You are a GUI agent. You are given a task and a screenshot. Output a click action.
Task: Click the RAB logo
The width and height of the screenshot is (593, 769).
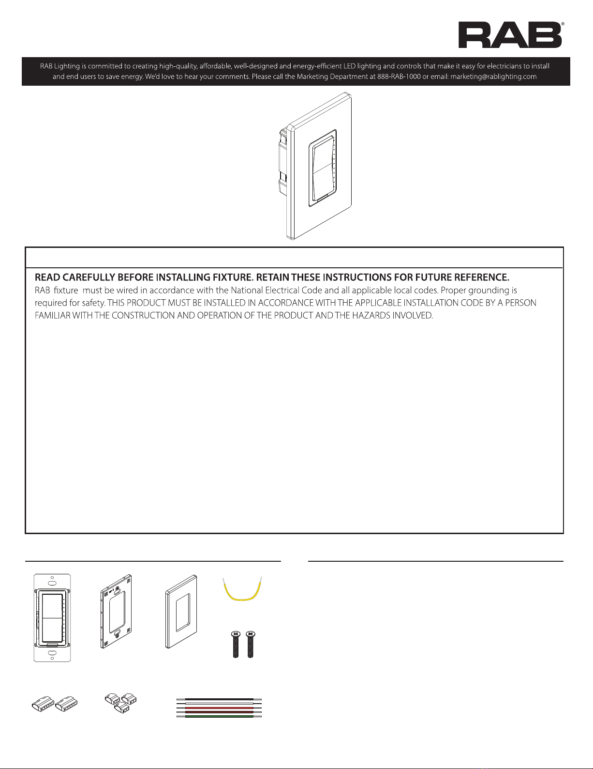[x=510, y=35]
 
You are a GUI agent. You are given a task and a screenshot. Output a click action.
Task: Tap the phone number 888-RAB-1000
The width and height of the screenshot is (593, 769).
[x=399, y=77]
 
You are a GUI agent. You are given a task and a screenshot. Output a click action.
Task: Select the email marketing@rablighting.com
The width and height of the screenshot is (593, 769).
[x=493, y=77]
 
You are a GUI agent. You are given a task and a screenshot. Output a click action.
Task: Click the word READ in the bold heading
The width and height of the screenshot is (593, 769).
[x=48, y=277]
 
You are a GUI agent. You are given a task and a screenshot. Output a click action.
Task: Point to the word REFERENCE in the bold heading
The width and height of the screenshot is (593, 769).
[x=478, y=277]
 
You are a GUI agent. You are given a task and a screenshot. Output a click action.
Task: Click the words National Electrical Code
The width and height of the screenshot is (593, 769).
[x=276, y=290]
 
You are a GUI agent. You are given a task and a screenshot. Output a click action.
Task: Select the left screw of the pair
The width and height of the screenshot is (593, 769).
[x=236, y=645]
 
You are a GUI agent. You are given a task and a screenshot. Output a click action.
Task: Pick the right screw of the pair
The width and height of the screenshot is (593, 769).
[x=250, y=645]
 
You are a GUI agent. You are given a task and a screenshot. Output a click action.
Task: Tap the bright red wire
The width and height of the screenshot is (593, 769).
[x=219, y=707]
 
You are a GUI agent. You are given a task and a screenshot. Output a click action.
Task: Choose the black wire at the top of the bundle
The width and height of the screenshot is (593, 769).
[x=219, y=699]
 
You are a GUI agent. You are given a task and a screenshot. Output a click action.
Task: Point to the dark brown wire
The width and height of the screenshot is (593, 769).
[x=219, y=712]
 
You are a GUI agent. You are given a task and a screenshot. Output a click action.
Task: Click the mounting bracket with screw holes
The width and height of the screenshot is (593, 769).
[x=116, y=611]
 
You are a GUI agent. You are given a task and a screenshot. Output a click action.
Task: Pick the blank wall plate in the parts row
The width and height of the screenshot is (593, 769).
[x=181, y=612]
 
